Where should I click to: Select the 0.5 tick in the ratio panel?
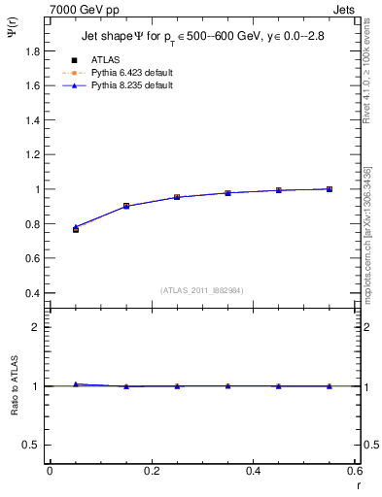point(32,445)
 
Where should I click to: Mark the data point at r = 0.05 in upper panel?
point(75,229)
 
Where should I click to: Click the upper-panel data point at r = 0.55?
point(330,188)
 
